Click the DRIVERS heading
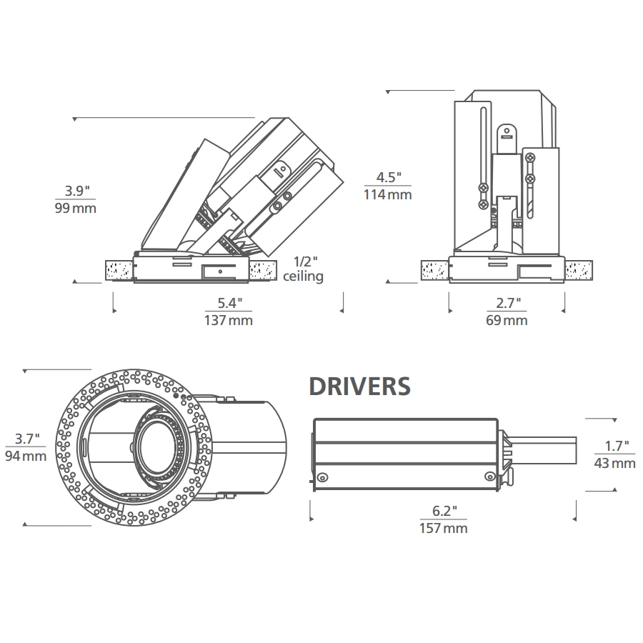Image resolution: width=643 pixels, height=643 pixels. (x=359, y=387)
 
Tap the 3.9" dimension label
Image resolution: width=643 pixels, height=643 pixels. (x=77, y=191)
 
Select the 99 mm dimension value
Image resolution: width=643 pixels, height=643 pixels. (x=76, y=208)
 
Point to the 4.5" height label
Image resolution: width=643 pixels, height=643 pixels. (x=389, y=177)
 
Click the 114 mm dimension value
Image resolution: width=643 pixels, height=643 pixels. (x=387, y=194)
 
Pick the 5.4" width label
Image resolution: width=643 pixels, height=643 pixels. (x=229, y=303)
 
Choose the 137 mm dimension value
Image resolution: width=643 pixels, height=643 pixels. (x=229, y=320)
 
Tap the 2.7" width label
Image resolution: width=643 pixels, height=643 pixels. (x=508, y=303)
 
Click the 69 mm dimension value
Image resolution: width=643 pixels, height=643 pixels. (x=507, y=320)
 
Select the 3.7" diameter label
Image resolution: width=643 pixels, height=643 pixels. (x=27, y=439)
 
